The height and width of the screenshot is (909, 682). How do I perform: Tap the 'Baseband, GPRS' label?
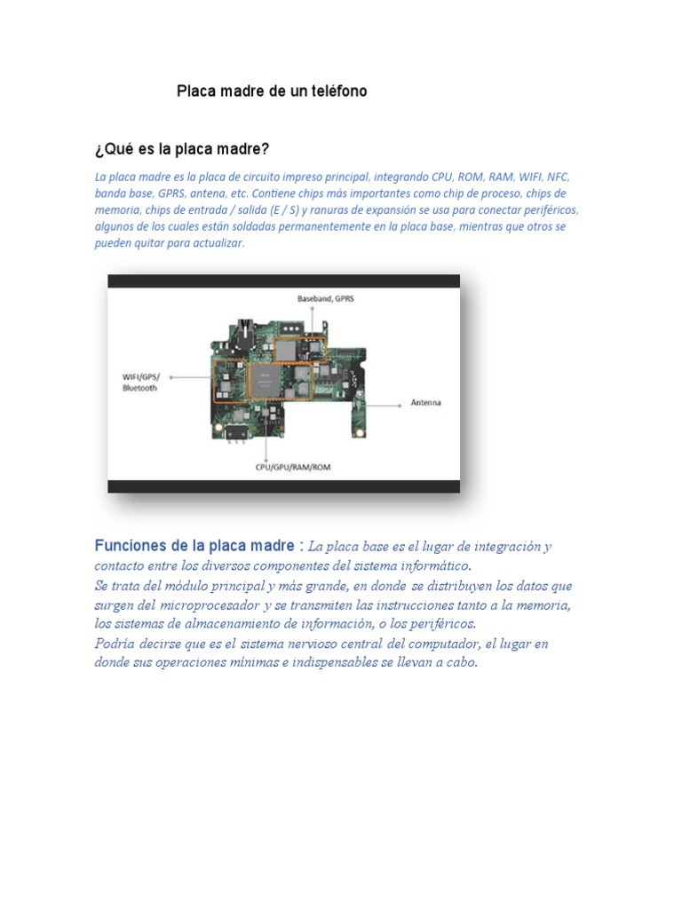click(x=325, y=299)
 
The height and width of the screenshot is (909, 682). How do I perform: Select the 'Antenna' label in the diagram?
click(x=425, y=402)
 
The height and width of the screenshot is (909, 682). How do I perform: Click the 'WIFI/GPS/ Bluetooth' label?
click(x=139, y=383)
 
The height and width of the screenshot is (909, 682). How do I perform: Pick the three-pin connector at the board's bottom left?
click(x=234, y=432)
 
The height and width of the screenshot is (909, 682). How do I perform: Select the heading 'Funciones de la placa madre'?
click(x=194, y=545)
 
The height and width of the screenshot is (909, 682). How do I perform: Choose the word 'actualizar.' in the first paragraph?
click(x=213, y=242)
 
